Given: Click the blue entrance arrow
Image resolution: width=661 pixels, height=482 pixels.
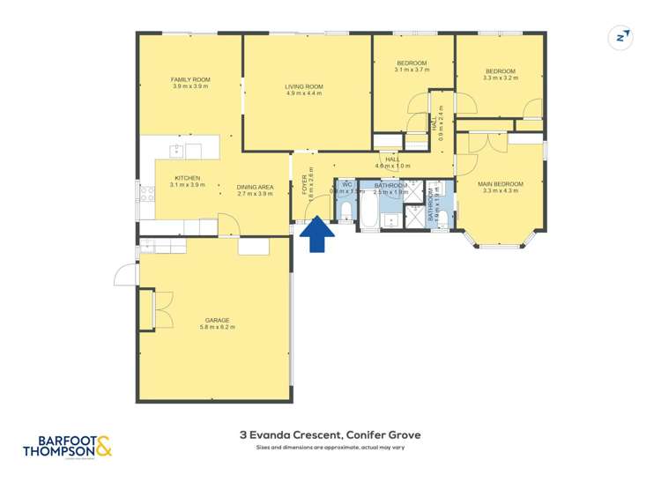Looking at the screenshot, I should (x=318, y=235).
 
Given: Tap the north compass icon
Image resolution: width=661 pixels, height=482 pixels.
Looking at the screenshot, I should (x=622, y=37).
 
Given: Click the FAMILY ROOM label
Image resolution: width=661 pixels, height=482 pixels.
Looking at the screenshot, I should (x=190, y=79).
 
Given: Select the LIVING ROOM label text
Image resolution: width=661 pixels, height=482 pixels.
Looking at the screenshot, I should (x=303, y=85).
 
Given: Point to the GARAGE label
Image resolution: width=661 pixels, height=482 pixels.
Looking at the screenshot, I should (x=218, y=320).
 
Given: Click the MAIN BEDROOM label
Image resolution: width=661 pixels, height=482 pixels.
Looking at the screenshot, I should (x=501, y=184).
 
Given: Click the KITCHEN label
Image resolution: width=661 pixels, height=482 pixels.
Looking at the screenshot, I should (x=186, y=178).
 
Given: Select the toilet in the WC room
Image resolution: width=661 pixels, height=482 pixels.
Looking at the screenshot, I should (x=346, y=211).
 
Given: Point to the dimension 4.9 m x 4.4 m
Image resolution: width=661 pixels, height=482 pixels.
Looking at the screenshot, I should (x=303, y=93).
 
